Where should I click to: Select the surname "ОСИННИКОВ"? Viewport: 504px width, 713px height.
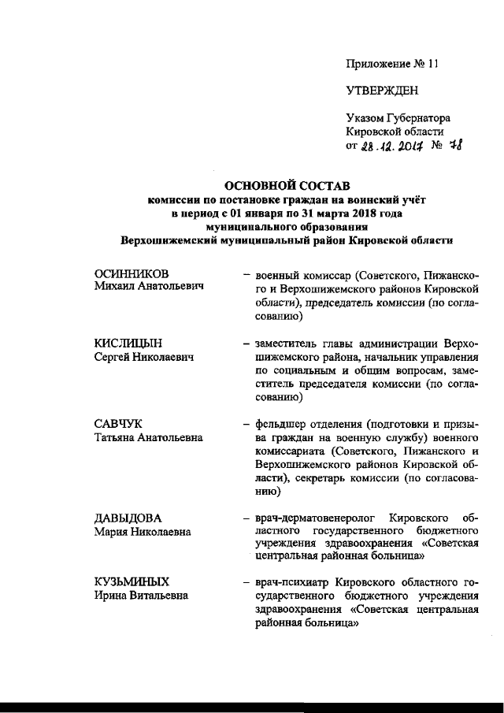point(132,273)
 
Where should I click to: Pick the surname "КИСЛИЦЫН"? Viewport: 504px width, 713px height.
point(128,344)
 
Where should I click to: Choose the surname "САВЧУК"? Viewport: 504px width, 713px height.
point(117,425)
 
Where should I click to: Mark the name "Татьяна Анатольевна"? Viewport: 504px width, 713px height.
point(147,438)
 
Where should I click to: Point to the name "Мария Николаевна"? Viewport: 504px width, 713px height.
point(142,532)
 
